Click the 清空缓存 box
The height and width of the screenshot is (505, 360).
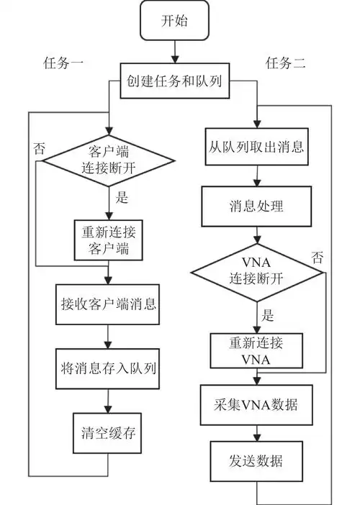tap(108, 434)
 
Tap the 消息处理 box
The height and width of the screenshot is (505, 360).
tap(256, 206)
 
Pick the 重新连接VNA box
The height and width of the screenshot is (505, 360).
tap(256, 350)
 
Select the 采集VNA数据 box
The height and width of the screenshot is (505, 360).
tap(256, 405)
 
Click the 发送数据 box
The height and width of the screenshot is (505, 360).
tap(256, 460)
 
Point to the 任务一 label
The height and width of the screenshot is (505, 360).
tap(64, 63)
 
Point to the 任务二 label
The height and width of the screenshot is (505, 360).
tap(286, 63)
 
